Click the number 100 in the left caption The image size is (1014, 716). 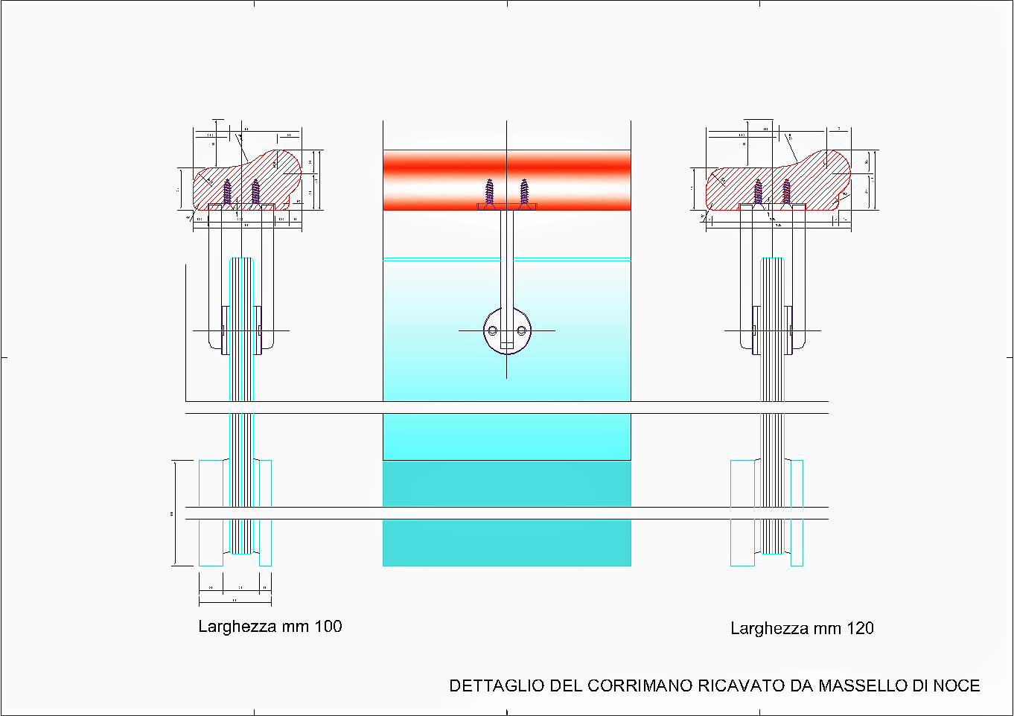328,627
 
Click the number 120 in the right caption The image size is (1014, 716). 860,628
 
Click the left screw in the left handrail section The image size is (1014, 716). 228,191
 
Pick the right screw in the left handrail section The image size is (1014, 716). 255,191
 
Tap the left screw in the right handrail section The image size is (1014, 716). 758,191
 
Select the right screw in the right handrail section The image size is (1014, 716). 786,191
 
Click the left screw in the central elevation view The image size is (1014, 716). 489,192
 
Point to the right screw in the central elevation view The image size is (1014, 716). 524,192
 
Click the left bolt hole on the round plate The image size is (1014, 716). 492,330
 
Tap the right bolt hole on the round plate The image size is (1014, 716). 521,330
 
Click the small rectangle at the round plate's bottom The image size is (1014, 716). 506,345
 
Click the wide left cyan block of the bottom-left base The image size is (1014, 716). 211,513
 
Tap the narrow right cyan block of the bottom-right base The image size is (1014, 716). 797,513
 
